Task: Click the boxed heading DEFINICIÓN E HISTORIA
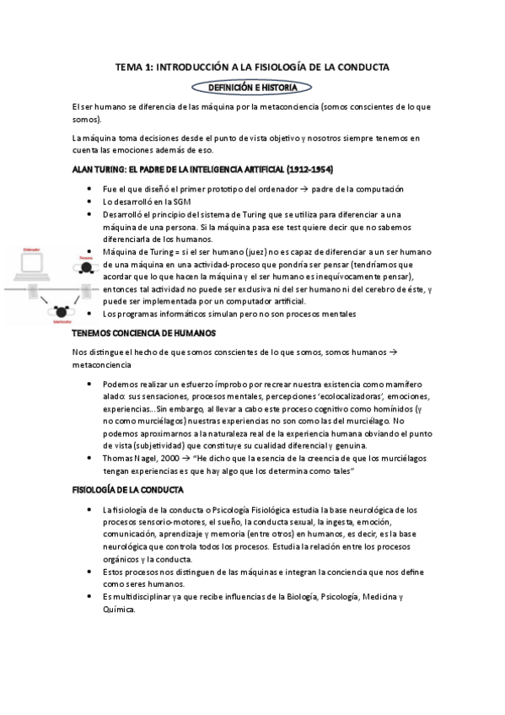(x=252, y=87)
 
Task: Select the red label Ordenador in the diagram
(x=32, y=250)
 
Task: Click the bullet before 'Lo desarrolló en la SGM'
(x=89, y=202)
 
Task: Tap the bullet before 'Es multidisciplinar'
(x=89, y=597)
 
